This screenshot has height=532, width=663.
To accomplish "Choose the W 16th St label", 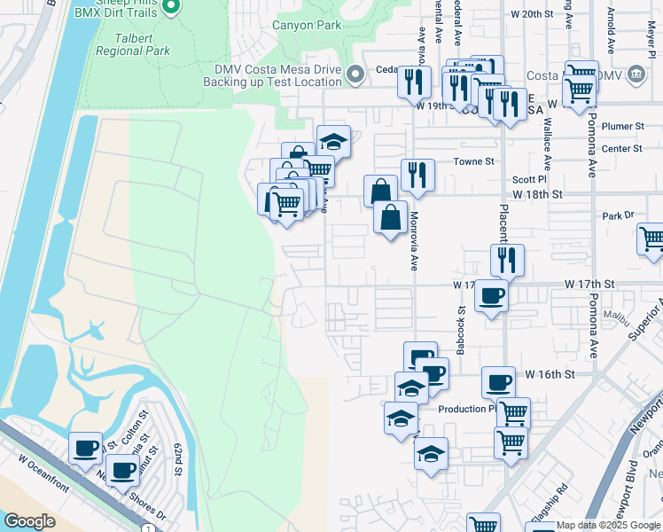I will [x=543, y=376].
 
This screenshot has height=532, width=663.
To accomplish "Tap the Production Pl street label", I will [x=467, y=409].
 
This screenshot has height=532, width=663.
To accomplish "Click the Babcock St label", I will [x=461, y=331].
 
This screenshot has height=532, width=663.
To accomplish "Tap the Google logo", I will [x=29, y=520].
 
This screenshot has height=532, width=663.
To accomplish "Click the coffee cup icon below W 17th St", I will [x=491, y=295].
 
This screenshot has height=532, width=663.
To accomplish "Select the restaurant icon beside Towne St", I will [x=417, y=175].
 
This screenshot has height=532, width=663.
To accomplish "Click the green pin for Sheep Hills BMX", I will [x=175, y=8].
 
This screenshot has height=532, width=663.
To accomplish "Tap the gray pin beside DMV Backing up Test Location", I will [x=355, y=74].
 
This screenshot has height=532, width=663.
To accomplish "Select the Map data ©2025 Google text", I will [x=608, y=525].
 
